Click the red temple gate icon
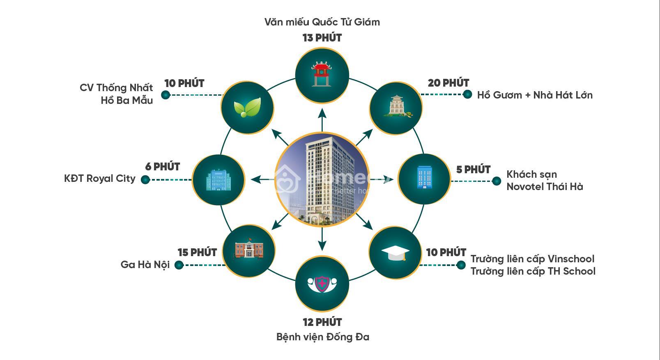point(322,74)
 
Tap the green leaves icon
point(247,107)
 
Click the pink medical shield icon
point(322,284)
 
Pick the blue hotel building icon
point(425,177)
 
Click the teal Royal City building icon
point(218,180)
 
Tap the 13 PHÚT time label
point(322,38)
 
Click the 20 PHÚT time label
point(448,83)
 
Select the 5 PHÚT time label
point(474,170)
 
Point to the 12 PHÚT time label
point(322,322)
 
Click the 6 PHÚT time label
point(163,167)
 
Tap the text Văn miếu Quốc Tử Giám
point(322,22)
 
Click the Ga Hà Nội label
point(145,264)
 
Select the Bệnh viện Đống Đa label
point(323,337)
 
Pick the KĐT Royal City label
point(99,179)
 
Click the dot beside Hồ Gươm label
point(467,94)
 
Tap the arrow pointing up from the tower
point(322,120)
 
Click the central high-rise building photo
point(322,179)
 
